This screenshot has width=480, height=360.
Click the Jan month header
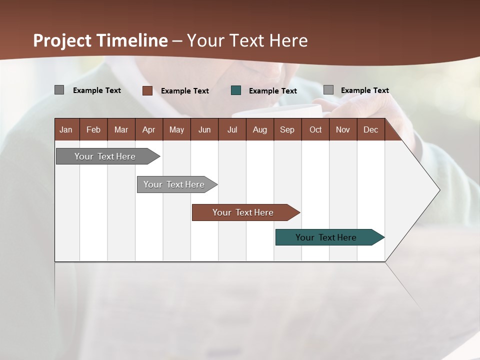66,129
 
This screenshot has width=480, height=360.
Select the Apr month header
148,129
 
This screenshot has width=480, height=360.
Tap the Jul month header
232,129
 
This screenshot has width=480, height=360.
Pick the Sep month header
287,129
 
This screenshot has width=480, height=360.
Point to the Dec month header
370,129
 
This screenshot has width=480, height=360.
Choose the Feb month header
93,129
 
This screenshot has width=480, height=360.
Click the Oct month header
315,129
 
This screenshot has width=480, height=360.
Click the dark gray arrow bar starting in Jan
105,156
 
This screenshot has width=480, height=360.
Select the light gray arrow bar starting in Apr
174,184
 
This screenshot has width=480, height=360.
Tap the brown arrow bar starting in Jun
243,212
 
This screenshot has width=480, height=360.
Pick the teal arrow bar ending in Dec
326,237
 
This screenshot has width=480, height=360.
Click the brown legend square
147,90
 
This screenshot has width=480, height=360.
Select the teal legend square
236,90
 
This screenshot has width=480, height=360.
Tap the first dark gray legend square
59,90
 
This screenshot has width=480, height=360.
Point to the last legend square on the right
328,90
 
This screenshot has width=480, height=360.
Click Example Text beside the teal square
273,91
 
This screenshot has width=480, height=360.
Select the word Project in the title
63,40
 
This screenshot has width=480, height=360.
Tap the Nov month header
343,129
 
